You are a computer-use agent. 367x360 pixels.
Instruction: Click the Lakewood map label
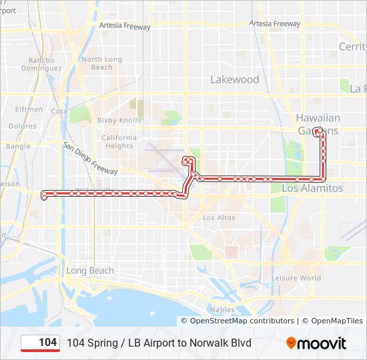(235, 79)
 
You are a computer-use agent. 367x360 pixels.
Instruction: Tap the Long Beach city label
(90, 271)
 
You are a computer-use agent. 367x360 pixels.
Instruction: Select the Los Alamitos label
(312, 189)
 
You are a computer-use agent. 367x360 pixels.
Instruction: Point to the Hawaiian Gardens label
(318, 124)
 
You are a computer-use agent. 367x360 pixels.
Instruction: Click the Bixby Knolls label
(119, 121)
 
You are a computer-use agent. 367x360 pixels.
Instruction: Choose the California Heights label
(119, 142)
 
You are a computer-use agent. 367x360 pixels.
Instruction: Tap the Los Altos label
(219, 218)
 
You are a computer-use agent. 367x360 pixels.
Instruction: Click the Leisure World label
(296, 278)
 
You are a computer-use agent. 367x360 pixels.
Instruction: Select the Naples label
(222, 309)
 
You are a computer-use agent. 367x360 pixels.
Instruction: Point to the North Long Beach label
(102, 63)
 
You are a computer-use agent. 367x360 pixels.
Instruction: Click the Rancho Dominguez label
(41, 64)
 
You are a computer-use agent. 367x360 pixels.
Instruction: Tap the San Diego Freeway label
(91, 158)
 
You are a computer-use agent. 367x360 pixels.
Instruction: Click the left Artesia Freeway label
(125, 27)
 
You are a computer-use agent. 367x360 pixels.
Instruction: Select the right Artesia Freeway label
(275, 23)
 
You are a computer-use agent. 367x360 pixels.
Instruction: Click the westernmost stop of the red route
(45, 195)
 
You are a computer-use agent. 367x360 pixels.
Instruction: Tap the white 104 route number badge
(41, 343)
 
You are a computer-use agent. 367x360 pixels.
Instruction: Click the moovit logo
(316, 343)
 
